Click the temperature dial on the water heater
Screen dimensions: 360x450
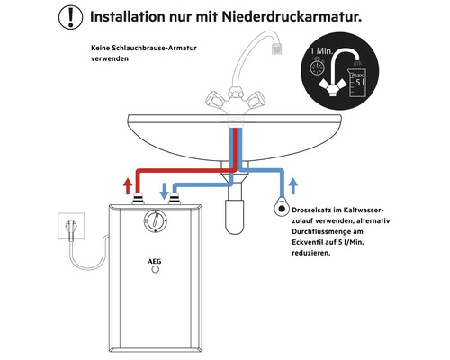coord(158,220)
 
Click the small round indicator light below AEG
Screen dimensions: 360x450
coord(158,277)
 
